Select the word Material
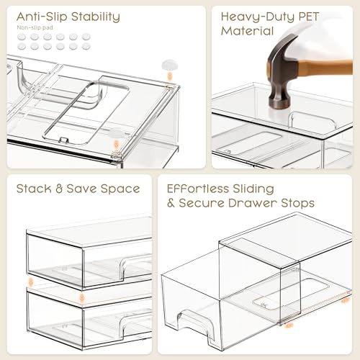[248, 31]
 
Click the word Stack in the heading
[33, 189]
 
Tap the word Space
[120, 189]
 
